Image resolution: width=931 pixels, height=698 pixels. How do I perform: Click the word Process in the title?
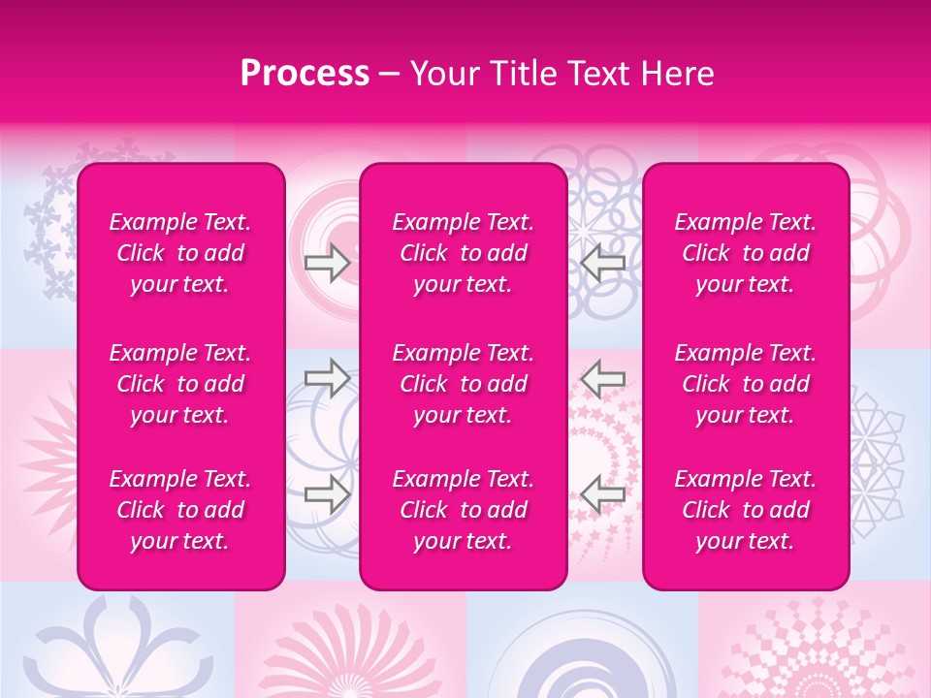coord(305,74)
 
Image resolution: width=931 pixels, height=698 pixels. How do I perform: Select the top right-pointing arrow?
coord(328,262)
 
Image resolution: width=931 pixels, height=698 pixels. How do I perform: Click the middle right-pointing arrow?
coord(328,378)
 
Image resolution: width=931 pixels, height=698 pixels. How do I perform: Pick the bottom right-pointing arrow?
coord(328,493)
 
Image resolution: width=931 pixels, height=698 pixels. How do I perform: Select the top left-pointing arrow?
coord(603,262)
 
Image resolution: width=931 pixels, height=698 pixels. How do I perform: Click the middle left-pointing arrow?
coord(603,378)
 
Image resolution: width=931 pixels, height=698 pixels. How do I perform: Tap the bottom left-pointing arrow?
coord(603,493)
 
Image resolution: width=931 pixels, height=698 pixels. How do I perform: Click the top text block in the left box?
coord(180,253)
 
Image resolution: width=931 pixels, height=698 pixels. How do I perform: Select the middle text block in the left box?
coord(180,384)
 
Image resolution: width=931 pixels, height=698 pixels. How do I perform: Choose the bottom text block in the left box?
coord(180,510)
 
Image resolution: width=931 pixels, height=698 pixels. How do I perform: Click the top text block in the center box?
coord(464,253)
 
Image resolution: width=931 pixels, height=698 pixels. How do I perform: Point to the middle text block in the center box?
coord(464,384)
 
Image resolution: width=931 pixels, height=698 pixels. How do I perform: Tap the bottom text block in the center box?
coord(464,510)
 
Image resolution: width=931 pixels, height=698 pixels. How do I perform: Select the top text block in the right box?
coord(746,253)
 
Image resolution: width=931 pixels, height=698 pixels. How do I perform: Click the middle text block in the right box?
coord(746,384)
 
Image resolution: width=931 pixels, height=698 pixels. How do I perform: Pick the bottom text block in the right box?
coord(746,510)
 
